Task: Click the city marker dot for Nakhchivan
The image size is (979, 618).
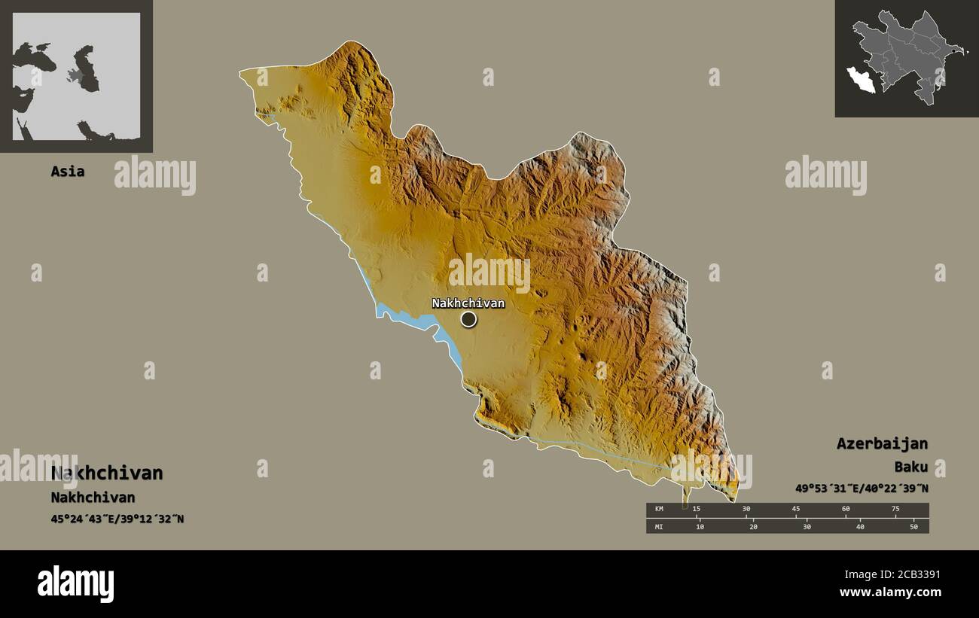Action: [468, 320]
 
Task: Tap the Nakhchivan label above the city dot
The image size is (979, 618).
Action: [468, 303]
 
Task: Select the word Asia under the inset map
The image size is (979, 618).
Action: [67, 172]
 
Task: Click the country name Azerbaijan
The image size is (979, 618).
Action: [882, 443]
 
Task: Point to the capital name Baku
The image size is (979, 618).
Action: [910, 467]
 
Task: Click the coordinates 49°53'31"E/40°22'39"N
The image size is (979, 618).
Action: [862, 489]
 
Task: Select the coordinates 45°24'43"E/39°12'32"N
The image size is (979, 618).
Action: [117, 519]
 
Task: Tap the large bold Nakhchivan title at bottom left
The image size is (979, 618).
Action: [107, 473]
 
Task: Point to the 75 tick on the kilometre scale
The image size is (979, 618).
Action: [895, 510]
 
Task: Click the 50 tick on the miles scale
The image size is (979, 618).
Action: [913, 526]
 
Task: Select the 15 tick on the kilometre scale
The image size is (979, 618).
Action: [697, 510]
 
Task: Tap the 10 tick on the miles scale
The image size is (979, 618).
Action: [700, 526]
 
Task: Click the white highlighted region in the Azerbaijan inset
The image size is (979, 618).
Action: [860, 79]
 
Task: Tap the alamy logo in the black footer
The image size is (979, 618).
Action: [75, 584]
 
